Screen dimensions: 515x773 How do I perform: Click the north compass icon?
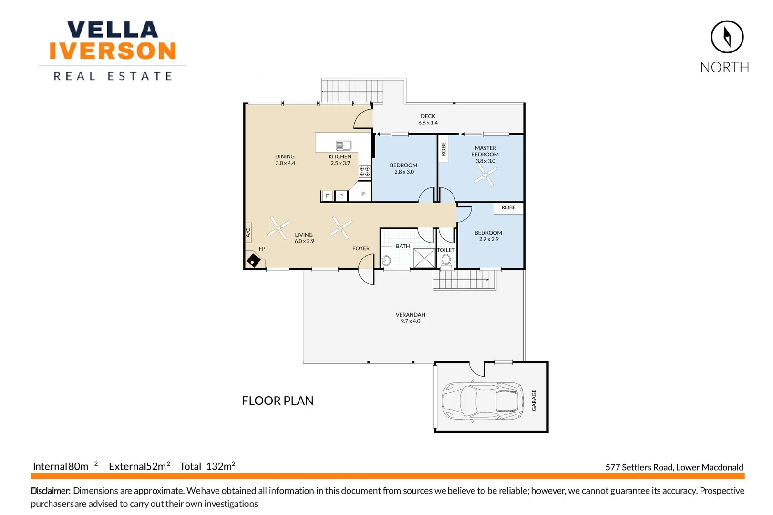point(727,37)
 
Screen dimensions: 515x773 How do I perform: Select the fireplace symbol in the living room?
point(253,260)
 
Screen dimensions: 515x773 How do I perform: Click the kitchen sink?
point(343,145)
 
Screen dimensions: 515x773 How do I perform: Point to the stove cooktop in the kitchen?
point(364,172)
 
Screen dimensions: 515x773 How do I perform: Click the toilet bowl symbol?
point(446,260)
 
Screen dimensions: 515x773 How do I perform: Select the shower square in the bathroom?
point(424,258)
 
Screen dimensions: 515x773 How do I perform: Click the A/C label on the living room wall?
point(248,233)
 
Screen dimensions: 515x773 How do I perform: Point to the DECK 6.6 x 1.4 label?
point(428,119)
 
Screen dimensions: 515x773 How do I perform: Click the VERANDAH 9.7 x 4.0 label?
point(410,318)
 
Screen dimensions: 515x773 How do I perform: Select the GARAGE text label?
point(534,400)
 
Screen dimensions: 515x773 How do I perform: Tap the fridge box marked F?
point(327,196)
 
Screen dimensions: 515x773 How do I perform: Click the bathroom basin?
point(386,260)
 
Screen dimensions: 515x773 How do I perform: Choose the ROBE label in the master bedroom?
point(443,149)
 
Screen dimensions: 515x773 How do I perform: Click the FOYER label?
point(361,248)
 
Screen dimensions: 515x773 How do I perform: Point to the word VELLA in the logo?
point(113,30)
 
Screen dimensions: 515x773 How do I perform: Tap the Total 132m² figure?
point(207,466)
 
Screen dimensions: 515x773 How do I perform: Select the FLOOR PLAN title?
point(278,401)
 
